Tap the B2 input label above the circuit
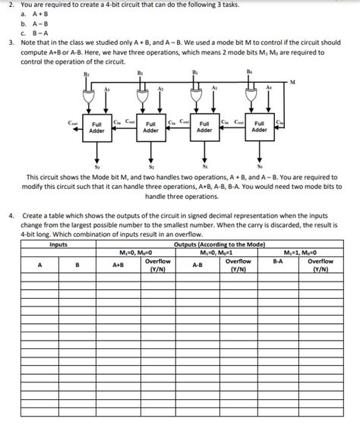[141, 74]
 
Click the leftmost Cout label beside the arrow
[72, 121]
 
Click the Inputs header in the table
[58, 244]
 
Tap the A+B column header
[118, 265]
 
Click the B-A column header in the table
[278, 265]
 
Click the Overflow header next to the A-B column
[238, 265]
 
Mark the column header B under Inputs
[77, 265]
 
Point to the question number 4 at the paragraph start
[10, 215]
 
